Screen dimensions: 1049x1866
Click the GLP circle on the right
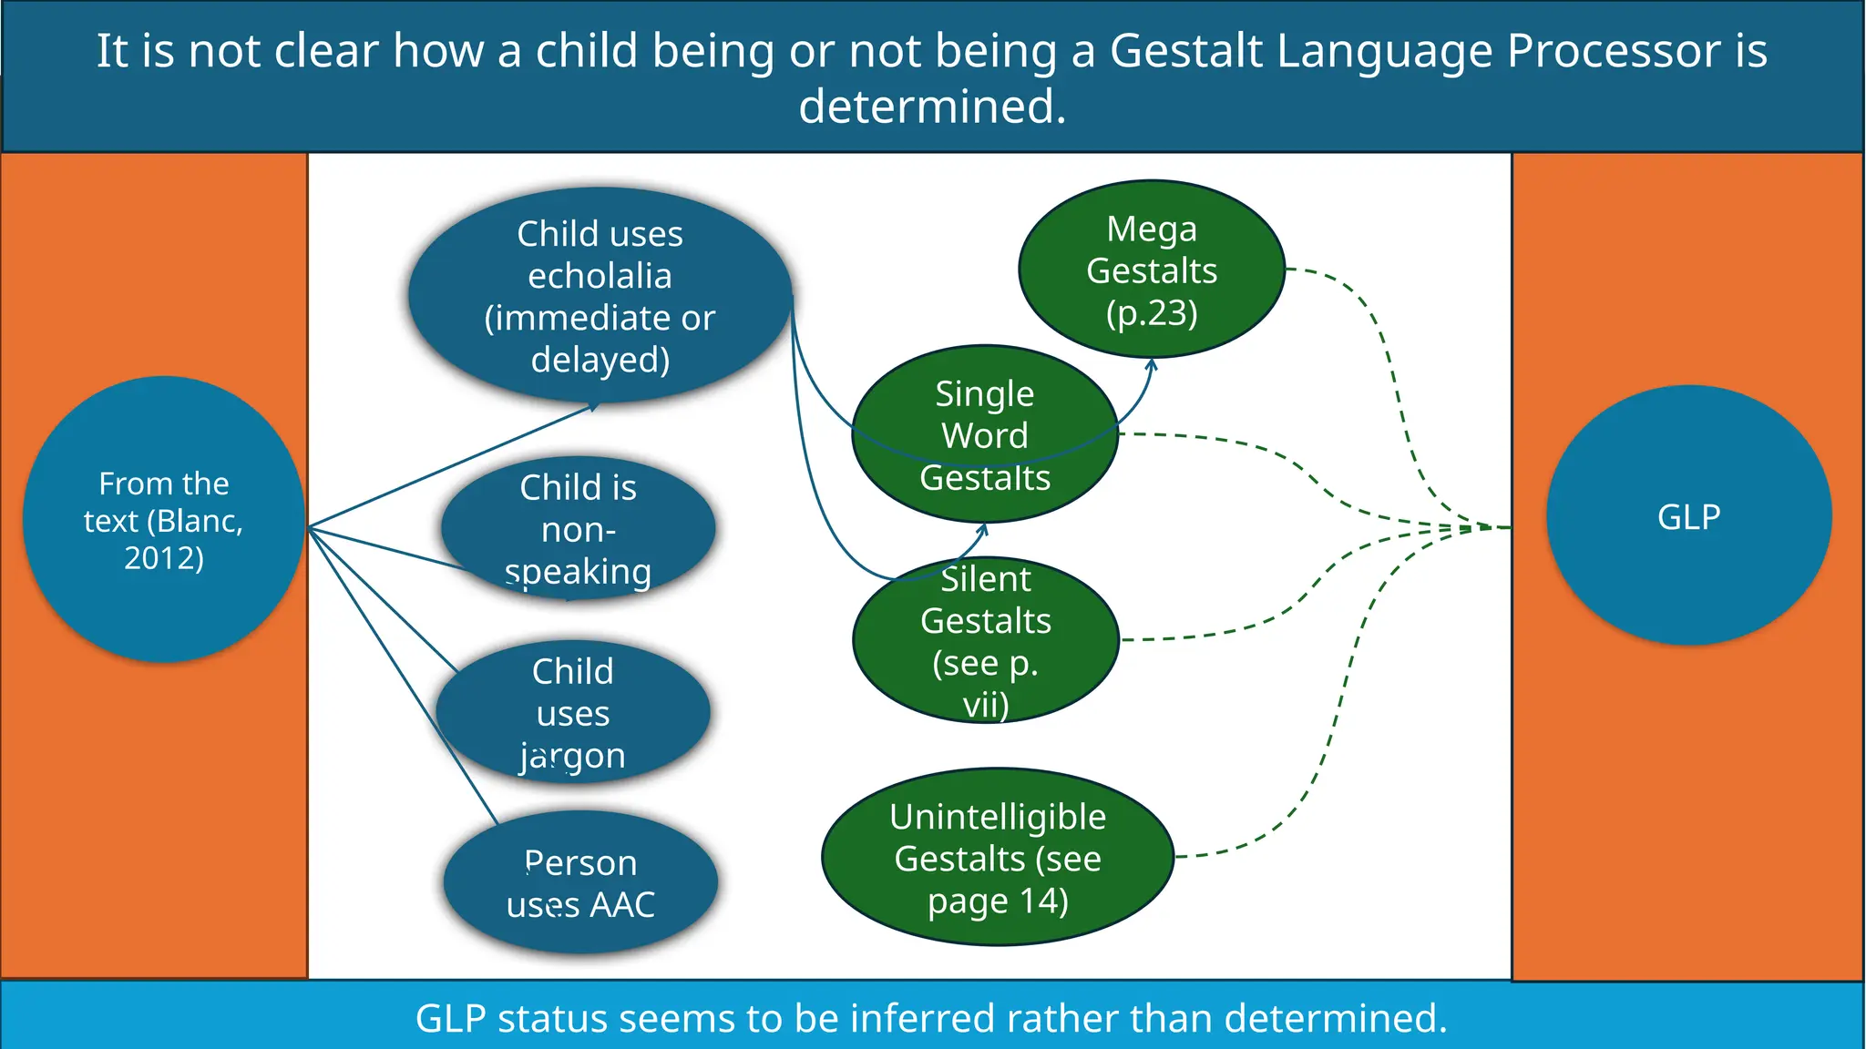tap(1688, 516)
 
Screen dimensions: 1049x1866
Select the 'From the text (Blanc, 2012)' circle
tap(164, 519)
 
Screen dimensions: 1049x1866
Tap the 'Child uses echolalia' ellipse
tap(600, 296)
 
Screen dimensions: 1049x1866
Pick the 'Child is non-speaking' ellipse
tap(578, 529)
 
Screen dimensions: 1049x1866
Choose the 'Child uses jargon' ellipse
tap(573, 713)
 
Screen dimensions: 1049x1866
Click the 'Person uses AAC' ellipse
tap(580, 883)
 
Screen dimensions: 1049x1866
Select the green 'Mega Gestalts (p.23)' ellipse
tap(1152, 270)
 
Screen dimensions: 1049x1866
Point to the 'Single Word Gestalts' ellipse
tap(985, 435)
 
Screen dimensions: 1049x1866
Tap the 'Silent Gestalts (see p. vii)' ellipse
tap(985, 641)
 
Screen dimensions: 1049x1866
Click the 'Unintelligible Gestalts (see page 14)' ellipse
tap(998, 858)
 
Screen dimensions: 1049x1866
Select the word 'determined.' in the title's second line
tap(932, 107)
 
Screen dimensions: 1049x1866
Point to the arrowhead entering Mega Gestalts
tap(1151, 364)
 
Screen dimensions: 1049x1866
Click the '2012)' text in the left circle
tap(164, 557)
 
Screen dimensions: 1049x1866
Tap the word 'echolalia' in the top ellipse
tap(600, 276)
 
